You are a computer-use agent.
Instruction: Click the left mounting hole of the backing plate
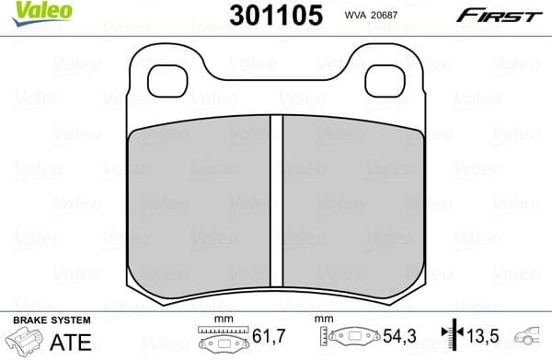click(167, 81)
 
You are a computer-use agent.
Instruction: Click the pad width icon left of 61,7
click(221, 341)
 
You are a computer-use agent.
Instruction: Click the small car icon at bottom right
click(532, 339)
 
